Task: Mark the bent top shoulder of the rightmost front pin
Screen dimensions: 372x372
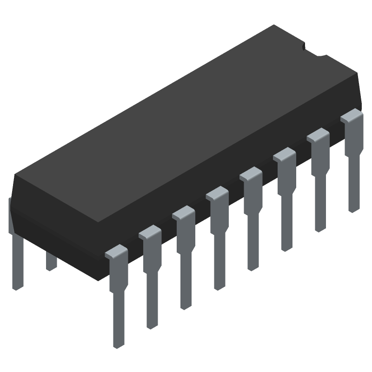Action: pyautogui.click(x=352, y=116)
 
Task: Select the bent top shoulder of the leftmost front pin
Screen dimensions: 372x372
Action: pyautogui.click(x=116, y=252)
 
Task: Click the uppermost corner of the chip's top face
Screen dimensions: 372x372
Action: pyautogui.click(x=274, y=25)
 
